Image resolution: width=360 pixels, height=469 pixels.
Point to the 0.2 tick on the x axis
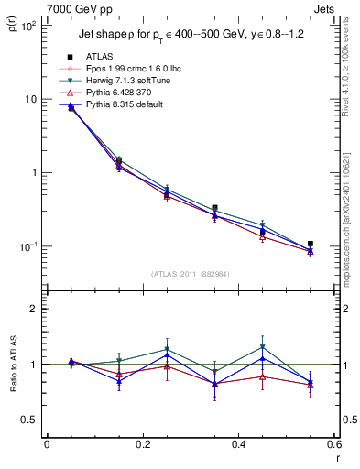click(x=142, y=446)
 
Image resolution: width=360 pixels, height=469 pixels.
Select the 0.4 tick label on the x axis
click(x=238, y=446)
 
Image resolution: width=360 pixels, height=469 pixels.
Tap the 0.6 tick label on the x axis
click(x=333, y=446)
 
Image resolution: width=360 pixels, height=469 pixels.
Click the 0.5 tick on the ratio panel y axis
click(x=29, y=420)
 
